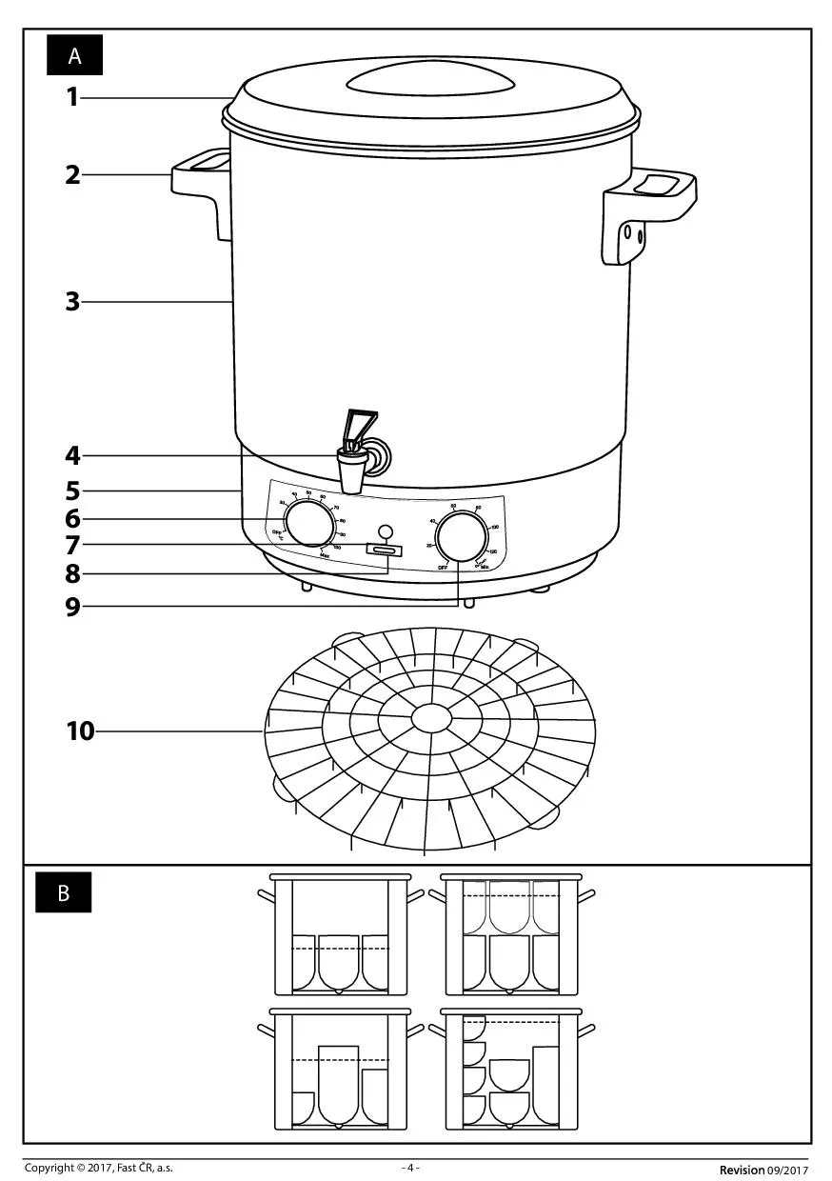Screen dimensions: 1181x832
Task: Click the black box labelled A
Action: (x=74, y=56)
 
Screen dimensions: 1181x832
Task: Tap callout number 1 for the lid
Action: (x=72, y=97)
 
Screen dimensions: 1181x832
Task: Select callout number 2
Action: (x=72, y=175)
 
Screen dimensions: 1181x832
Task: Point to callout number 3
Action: (x=72, y=303)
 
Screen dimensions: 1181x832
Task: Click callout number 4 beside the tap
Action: (x=72, y=456)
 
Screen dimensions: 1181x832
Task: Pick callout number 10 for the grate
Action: (x=81, y=731)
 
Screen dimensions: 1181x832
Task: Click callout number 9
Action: (x=72, y=607)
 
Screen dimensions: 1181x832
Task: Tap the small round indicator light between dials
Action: (x=385, y=531)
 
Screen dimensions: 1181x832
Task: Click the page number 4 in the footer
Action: (x=410, y=1168)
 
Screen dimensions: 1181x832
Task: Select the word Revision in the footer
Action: (x=742, y=1170)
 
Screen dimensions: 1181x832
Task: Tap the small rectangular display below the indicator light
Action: (x=384, y=551)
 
